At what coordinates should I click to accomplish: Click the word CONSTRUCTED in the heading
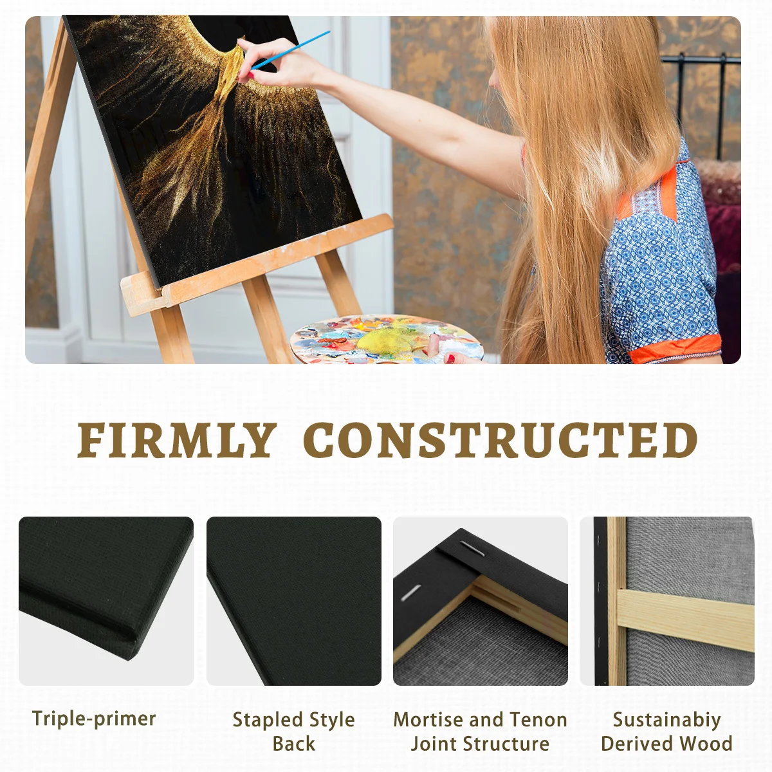[501, 441]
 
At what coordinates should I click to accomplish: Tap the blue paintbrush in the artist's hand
[289, 50]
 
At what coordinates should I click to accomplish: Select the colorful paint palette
[386, 340]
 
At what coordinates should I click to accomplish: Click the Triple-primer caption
[94, 719]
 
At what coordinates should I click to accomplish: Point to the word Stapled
[266, 720]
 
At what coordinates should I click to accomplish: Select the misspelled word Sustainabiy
[666, 720]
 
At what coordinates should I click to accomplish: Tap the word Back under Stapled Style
[293, 744]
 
